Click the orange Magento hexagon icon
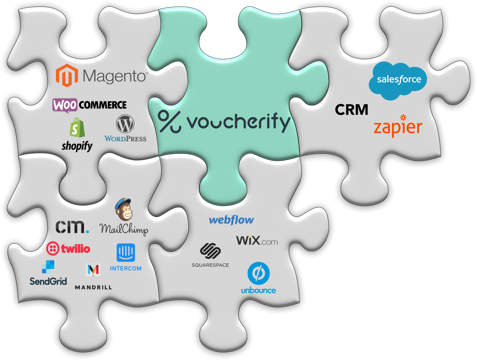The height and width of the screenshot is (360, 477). [x=67, y=76]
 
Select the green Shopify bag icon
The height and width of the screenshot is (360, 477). [x=77, y=128]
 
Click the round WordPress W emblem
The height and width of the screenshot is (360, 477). [x=125, y=124]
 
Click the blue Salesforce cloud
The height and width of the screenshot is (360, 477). [x=398, y=80]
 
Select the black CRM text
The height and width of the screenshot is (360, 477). [x=352, y=110]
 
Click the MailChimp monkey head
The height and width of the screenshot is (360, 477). [x=124, y=209]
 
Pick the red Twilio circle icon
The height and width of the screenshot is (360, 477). [x=53, y=248]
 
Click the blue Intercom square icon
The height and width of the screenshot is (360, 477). [x=126, y=252]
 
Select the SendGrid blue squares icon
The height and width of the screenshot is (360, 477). [x=48, y=267]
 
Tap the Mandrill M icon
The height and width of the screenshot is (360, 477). [x=93, y=270]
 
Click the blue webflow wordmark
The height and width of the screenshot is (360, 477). [x=231, y=220]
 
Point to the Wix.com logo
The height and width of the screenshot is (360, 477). [x=257, y=240]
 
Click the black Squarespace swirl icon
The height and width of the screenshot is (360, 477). [x=210, y=251]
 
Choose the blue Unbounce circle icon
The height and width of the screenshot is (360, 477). [x=259, y=273]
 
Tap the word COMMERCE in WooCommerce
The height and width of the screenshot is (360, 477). [x=103, y=105]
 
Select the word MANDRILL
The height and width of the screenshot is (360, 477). [x=93, y=287]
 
